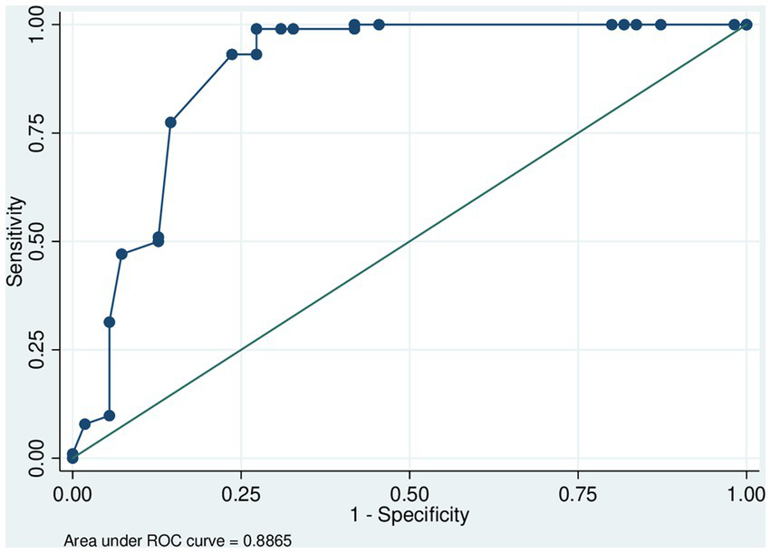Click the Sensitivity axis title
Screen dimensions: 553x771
14,241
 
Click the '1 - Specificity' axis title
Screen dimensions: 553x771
409,516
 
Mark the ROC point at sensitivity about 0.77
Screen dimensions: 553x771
170,122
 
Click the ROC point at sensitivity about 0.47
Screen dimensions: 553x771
121,254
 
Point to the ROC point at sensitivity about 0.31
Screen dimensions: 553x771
110,322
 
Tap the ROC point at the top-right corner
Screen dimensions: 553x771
746,24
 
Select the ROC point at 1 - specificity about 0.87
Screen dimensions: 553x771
660,24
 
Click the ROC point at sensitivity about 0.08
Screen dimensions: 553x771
85,424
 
